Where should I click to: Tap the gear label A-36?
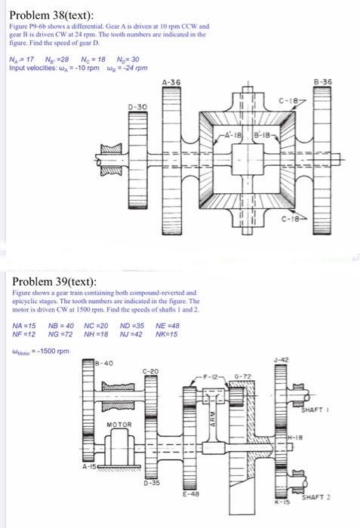[x=172, y=81]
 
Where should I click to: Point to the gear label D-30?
[x=138, y=109]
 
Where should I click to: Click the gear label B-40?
[x=106, y=363]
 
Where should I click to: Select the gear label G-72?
[x=245, y=376]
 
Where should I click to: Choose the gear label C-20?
[x=150, y=371]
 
